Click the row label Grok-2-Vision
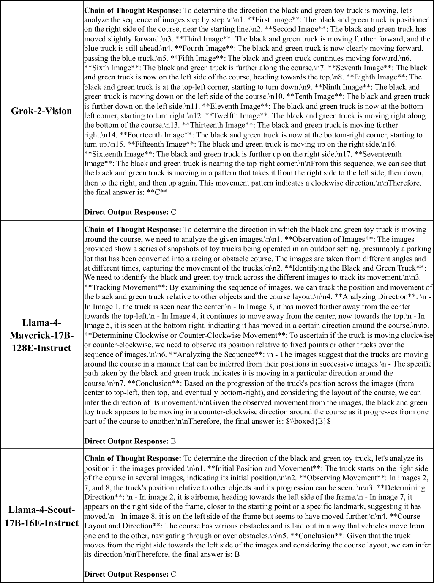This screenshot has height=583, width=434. (41, 111)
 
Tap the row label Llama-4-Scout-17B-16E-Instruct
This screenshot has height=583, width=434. (41, 516)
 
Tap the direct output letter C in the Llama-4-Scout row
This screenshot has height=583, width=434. (173, 574)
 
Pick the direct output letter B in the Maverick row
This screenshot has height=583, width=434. (173, 441)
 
